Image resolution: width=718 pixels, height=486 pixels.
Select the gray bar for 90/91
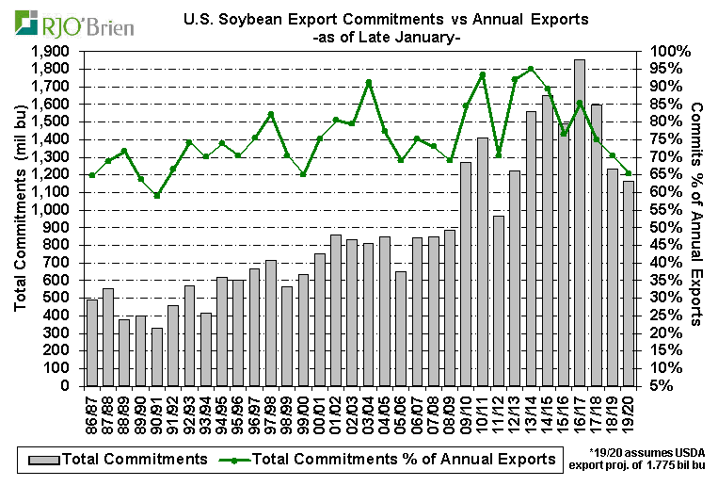(x=157, y=357)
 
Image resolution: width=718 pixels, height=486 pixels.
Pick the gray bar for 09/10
(x=465, y=274)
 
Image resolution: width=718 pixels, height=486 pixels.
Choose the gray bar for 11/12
(x=499, y=300)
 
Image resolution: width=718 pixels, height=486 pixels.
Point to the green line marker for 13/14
(x=531, y=69)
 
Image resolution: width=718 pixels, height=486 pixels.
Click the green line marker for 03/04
(x=369, y=82)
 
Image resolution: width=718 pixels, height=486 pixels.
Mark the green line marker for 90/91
(x=157, y=196)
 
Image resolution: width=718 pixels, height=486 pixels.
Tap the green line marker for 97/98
(x=271, y=114)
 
